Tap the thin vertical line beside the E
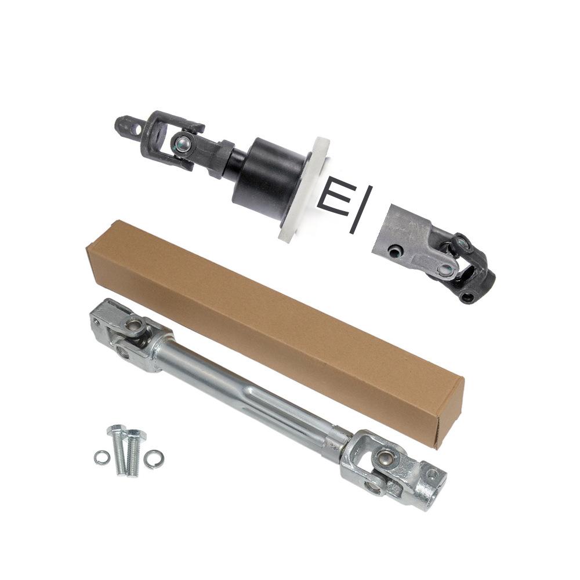[x=360, y=209]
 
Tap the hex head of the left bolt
[x=117, y=430]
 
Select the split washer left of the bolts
[x=101, y=459]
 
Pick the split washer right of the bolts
[x=154, y=459]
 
